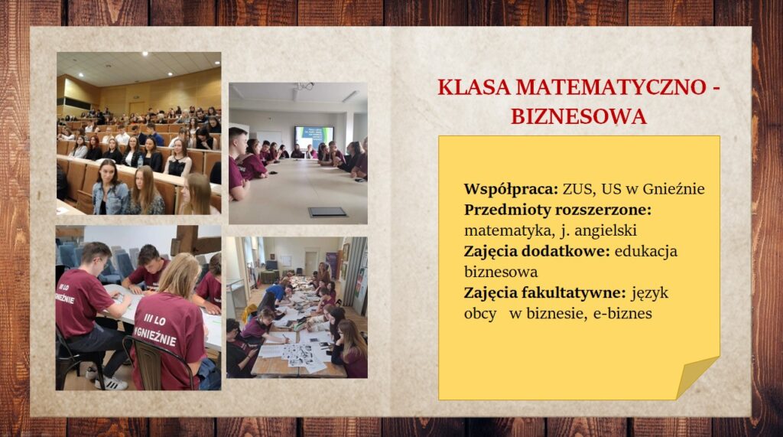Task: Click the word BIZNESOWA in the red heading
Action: click(579, 116)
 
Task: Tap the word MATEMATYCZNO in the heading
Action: click(610, 87)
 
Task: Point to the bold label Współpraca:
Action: click(511, 190)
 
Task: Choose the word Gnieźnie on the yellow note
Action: click(674, 189)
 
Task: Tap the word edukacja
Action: click(646, 251)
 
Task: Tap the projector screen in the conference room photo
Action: click(314, 138)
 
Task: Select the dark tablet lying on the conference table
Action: click(328, 212)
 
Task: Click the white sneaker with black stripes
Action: click(112, 383)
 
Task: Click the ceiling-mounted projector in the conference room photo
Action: click(304, 86)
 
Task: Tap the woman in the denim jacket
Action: click(110, 188)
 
